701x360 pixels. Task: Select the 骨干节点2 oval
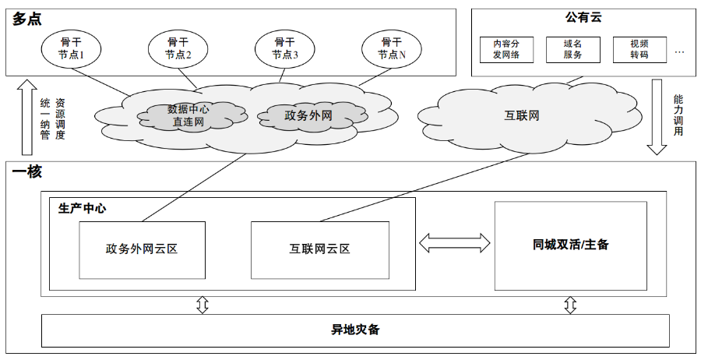tap(178, 48)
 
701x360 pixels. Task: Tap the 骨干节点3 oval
tap(285, 48)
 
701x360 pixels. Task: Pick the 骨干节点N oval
tap(392, 48)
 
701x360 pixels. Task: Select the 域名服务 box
tap(572, 50)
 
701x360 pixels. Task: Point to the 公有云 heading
tap(583, 17)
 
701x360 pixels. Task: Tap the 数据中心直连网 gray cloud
tap(188, 115)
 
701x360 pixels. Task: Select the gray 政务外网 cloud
tap(308, 115)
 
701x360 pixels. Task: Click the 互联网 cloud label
tap(521, 116)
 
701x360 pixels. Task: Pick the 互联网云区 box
tap(319, 249)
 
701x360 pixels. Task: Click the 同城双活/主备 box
tap(570, 245)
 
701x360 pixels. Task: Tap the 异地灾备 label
tap(355, 330)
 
